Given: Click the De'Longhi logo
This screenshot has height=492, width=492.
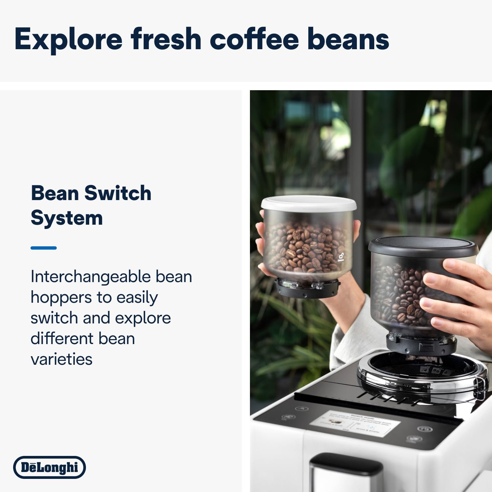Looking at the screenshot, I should (x=50, y=467).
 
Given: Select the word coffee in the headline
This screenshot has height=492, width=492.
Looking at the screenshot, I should (x=254, y=39).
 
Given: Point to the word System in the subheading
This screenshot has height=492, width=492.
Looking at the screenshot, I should (x=67, y=218).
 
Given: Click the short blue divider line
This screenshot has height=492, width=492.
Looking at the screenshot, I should (x=44, y=248).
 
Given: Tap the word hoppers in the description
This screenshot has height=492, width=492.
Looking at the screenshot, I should (x=61, y=298).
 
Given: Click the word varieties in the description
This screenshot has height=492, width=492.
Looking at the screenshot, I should (x=61, y=359).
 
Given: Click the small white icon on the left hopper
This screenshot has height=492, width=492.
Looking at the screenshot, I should (x=341, y=257).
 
